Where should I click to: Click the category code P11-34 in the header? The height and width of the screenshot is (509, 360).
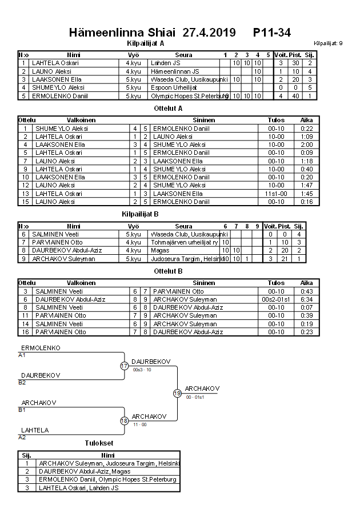click(x=272, y=33)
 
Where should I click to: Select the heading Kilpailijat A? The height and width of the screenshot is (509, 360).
click(x=146, y=43)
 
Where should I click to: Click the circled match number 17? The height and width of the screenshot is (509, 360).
click(x=124, y=366)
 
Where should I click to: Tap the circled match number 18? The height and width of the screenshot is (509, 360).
click(x=124, y=420)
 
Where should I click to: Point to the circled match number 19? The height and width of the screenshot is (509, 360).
click(x=177, y=393)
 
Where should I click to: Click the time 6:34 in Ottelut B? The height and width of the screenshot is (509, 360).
click(x=307, y=299)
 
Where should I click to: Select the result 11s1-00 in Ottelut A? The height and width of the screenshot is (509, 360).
click(x=276, y=194)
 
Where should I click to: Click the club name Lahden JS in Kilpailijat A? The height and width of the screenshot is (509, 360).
click(x=165, y=63)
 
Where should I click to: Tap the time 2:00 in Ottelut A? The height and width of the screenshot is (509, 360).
click(x=307, y=145)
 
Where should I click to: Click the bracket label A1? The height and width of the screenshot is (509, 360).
click(x=22, y=355)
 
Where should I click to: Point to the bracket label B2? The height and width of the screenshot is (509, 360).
click(x=22, y=382)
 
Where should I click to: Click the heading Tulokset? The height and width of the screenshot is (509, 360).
click(x=99, y=443)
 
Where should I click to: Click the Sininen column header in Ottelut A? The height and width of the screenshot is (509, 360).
click(x=204, y=121)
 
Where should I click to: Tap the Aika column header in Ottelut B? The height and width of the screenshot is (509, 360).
click(x=307, y=283)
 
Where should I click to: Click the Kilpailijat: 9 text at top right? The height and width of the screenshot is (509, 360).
click(x=328, y=43)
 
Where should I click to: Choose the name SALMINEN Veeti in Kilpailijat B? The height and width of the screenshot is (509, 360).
click(x=53, y=234)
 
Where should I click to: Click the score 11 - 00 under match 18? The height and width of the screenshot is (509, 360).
click(x=139, y=424)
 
